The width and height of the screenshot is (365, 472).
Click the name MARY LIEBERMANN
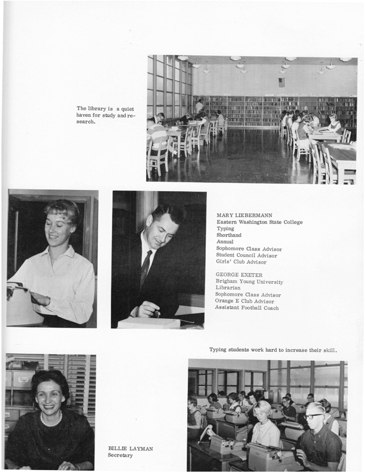pyautogui.click(x=244, y=215)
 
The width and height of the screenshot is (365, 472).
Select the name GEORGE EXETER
pyautogui.click(x=239, y=275)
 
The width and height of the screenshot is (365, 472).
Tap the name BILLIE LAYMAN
pyautogui.click(x=131, y=449)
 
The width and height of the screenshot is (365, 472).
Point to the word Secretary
pyautogui.click(x=121, y=455)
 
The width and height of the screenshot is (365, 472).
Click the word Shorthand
pyautogui.click(x=230, y=235)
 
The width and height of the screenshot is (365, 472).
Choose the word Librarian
pyautogui.click(x=230, y=288)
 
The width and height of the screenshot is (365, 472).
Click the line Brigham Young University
pyautogui.click(x=249, y=282)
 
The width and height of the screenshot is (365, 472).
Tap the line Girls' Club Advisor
pyautogui.click(x=241, y=262)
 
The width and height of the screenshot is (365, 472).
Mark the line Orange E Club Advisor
pyautogui.click(x=245, y=302)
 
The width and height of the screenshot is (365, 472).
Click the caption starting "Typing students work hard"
pyautogui.click(x=273, y=350)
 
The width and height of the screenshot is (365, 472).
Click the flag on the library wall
pyautogui.click(x=281, y=83)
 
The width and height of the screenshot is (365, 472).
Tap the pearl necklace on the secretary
pyautogui.click(x=51, y=421)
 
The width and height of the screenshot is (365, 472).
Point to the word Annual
pyautogui.click(x=225, y=242)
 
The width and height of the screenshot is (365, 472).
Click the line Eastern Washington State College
pyautogui.click(x=259, y=222)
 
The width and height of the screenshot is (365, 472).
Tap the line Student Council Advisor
pyautogui.click(x=246, y=255)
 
